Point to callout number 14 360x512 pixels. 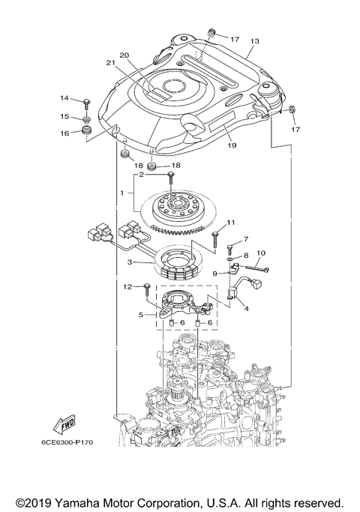[65, 99]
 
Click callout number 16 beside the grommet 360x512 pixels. [65, 133]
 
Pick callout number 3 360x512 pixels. [130, 262]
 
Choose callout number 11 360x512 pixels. [231, 222]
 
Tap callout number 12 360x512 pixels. [127, 286]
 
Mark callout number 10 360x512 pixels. [261, 253]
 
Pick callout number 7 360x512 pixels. [244, 239]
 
